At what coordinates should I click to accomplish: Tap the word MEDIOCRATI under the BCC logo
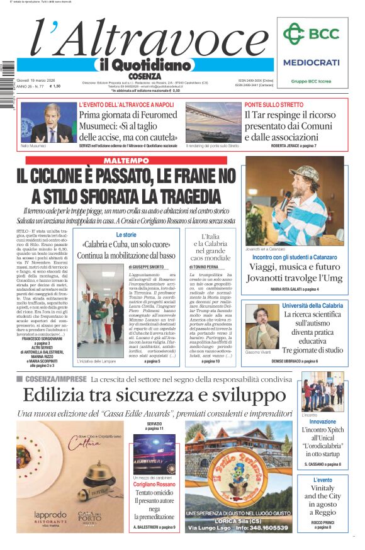tap(311, 62)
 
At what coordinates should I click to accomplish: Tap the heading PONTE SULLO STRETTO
tap(274, 104)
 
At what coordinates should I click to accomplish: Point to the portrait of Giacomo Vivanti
tap(262, 327)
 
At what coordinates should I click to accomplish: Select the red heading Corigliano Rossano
tap(154, 485)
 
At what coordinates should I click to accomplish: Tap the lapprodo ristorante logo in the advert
tap(50, 517)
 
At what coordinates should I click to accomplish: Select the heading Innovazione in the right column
tap(322, 422)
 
